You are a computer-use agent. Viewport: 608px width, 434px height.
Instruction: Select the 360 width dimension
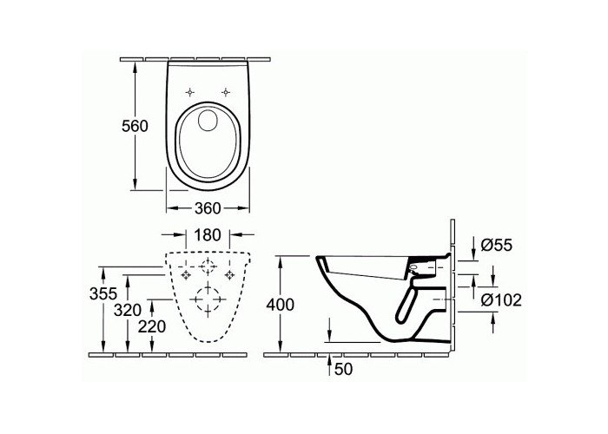pyautogui.click(x=207, y=207)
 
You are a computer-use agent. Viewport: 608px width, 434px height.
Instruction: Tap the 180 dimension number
pyautogui.click(x=207, y=235)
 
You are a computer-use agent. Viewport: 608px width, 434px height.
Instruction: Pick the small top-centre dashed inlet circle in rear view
pyautogui.click(x=208, y=266)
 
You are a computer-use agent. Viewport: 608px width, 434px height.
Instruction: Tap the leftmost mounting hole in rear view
pyautogui.click(x=184, y=275)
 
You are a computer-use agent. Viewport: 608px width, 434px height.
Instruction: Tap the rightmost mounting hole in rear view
pyautogui.click(x=230, y=275)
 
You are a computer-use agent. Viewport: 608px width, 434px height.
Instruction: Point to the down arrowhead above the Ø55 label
pyautogui.click(x=461, y=252)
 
